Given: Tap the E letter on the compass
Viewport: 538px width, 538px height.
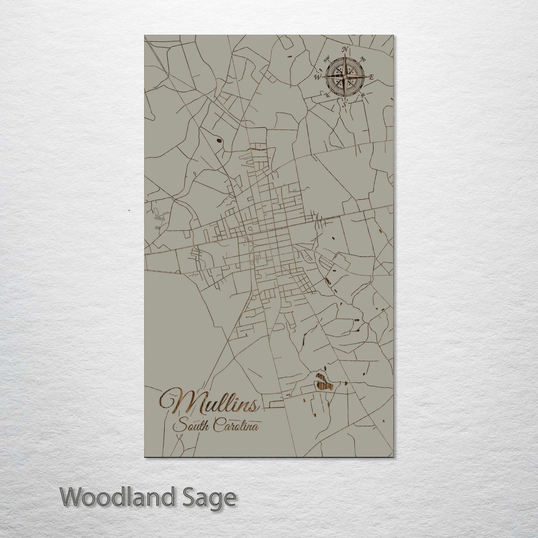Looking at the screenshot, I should [x=371, y=77].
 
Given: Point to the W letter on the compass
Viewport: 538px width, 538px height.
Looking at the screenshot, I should [x=318, y=77].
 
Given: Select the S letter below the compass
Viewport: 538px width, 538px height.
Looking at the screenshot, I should [x=344, y=104].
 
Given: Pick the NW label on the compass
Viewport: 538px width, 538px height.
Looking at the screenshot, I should [x=327, y=58].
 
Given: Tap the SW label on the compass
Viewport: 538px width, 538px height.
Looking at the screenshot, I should [x=327, y=95].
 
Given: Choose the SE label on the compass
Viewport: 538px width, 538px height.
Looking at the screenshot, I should [x=362, y=96].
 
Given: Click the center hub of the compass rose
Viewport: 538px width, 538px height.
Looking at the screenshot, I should [x=344, y=77].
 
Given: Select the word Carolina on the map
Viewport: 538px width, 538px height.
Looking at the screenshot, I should [x=236, y=426].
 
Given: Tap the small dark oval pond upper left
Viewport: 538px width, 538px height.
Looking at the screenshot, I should [x=218, y=141].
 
